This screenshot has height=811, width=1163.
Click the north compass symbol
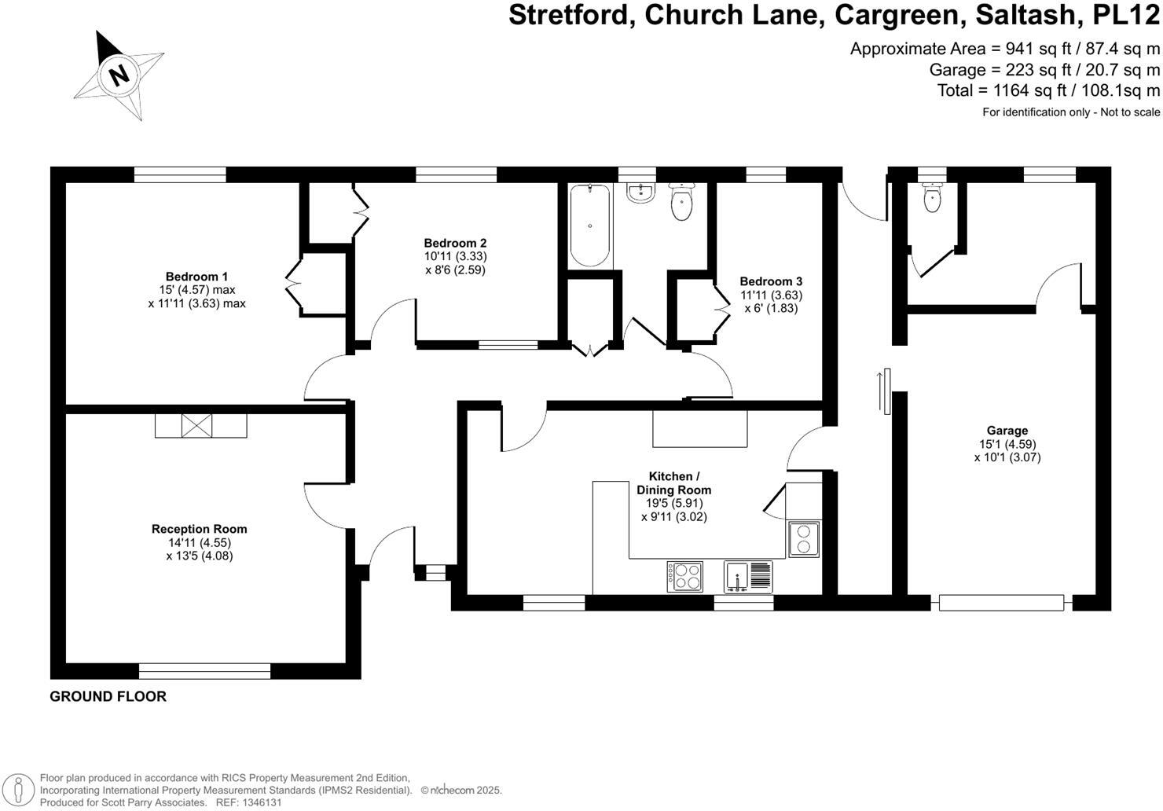tap(119, 76)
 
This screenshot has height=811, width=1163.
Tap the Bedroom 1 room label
tap(196, 277)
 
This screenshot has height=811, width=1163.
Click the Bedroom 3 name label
tap(771, 281)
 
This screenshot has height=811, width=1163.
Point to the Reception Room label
tap(199, 529)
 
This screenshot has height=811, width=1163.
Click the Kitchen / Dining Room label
tap(673, 483)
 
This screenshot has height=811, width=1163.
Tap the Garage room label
tap(1007, 431)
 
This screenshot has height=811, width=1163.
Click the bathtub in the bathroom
tap(589, 226)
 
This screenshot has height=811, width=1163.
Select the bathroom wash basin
tap(641, 193)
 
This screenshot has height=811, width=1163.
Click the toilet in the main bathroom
tap(681, 202)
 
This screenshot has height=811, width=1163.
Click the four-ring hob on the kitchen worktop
tap(685, 577)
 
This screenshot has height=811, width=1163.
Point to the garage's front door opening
tap(1001, 603)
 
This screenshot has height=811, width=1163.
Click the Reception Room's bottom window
tap(204, 670)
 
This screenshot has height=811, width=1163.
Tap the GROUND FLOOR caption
tap(108, 696)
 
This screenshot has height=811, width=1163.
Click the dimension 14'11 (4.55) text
tap(199, 542)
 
